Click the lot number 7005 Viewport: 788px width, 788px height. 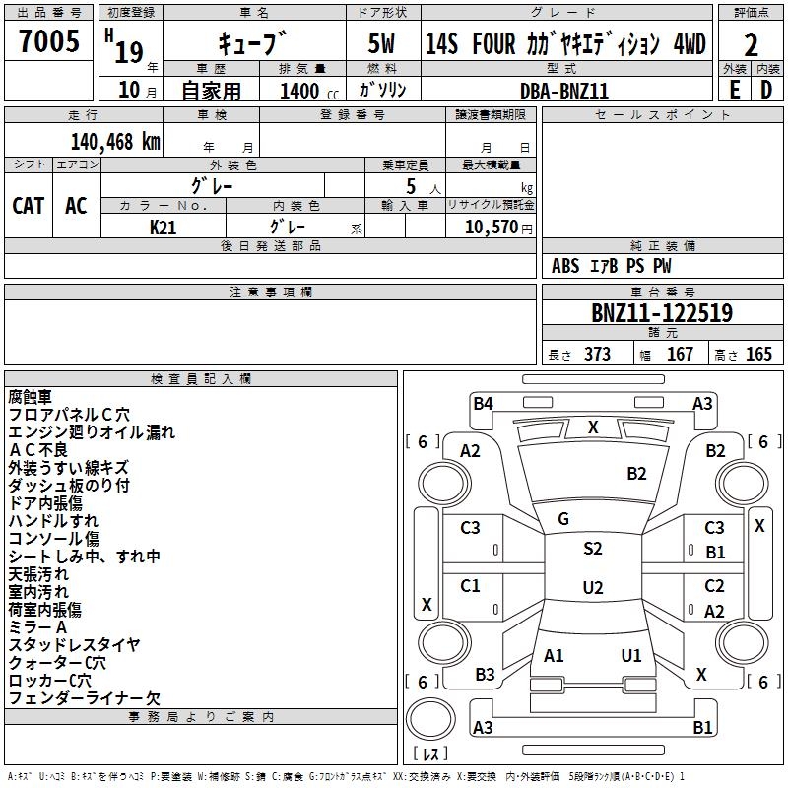point(49,43)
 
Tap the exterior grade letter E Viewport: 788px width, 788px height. point(734,90)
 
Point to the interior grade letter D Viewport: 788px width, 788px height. point(766,90)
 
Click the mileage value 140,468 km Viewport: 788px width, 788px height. point(115,141)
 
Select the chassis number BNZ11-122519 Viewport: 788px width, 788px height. point(661,313)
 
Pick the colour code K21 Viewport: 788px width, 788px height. point(164,227)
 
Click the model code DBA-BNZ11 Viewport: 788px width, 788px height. point(564,90)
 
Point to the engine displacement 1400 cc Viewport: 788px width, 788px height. point(302,91)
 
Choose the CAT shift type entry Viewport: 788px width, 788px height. point(29,205)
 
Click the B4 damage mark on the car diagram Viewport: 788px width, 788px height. point(483,403)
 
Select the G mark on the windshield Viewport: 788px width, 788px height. point(563,519)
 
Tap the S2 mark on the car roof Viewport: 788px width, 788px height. point(592,549)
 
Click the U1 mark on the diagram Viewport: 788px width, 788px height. point(631,655)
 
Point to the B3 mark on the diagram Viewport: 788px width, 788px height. point(485,675)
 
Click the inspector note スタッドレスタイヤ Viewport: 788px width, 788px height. point(74,645)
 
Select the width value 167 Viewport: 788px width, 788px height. point(680,355)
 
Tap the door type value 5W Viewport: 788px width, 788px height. point(381,44)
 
